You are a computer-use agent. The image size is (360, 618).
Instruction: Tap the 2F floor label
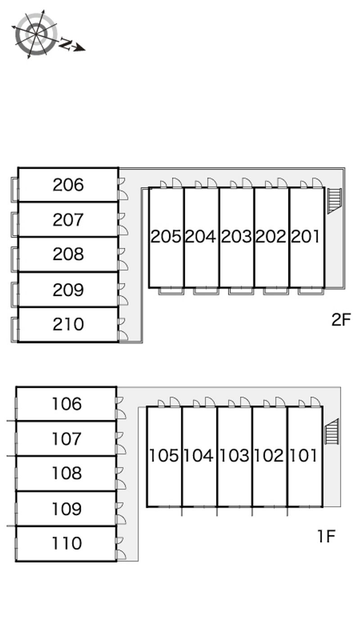(x=341, y=320)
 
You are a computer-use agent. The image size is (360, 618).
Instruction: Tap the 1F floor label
(x=326, y=536)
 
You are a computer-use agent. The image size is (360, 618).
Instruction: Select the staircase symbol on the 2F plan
(x=334, y=200)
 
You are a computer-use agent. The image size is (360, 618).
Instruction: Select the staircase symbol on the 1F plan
(x=332, y=431)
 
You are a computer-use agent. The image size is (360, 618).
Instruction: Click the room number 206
(x=68, y=185)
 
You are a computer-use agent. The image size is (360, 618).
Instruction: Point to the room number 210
(x=68, y=324)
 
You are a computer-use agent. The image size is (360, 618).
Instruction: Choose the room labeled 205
(x=166, y=237)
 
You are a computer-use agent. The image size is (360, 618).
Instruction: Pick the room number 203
(x=236, y=237)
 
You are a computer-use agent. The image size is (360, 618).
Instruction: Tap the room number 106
(x=66, y=404)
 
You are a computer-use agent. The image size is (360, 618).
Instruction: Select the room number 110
(x=66, y=543)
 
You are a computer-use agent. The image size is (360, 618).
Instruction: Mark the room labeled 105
(x=164, y=456)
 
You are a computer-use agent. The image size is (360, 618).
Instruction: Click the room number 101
(x=304, y=456)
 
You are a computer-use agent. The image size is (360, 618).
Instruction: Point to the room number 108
(x=66, y=473)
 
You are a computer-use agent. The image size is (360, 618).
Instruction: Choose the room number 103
(x=234, y=456)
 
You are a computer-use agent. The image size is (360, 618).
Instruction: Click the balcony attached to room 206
(x=15, y=189)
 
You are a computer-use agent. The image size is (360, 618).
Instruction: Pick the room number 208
(x=68, y=254)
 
